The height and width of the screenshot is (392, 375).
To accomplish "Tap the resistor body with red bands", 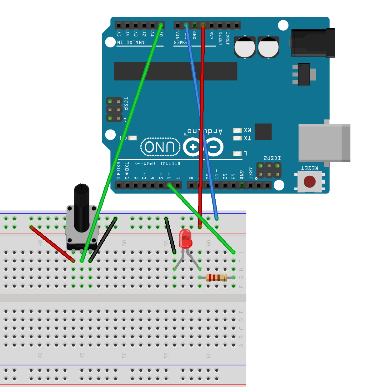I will click(x=216, y=277).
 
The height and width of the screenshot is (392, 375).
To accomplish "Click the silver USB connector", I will click(x=324, y=143).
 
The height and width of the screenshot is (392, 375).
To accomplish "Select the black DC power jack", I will click(x=313, y=43).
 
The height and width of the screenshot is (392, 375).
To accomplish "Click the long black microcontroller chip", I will click(x=175, y=71).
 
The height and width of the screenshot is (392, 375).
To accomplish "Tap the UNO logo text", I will click(x=160, y=147).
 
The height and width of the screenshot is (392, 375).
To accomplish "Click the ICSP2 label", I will click(x=272, y=158).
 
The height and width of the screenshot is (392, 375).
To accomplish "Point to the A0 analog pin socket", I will click(x=161, y=25).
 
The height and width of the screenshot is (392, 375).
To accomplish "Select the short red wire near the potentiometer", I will click(x=52, y=244).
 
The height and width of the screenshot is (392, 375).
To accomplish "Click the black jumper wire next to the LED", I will click(x=170, y=236).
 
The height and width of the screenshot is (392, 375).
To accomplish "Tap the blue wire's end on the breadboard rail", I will click(x=216, y=218).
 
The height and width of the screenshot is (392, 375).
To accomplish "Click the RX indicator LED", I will click(x=237, y=130).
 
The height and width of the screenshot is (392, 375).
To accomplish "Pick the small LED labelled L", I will click(x=237, y=154).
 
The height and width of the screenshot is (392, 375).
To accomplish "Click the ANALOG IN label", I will click(x=131, y=42).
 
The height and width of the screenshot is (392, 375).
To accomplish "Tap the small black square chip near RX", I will click(x=263, y=132).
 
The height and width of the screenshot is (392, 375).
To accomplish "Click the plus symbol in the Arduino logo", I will click(x=193, y=147).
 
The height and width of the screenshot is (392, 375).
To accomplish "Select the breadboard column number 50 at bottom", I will click(x=124, y=355).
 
